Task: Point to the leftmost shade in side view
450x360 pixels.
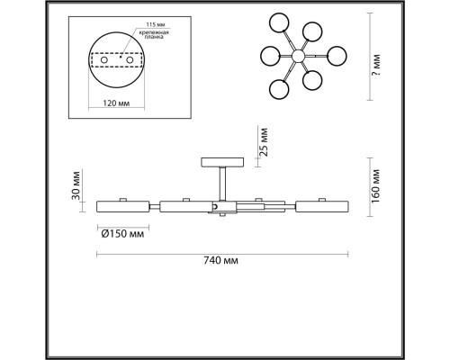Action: coord(122,207)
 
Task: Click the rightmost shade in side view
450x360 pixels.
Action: coord(319,207)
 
